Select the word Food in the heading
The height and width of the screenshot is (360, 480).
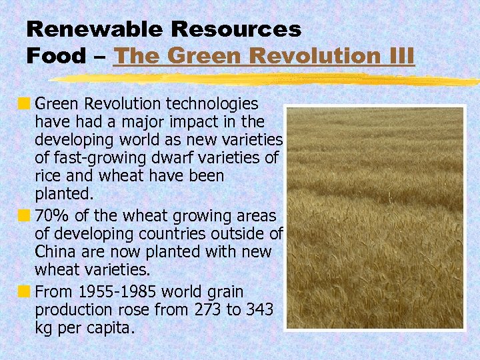56,55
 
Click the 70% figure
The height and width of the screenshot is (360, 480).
51,215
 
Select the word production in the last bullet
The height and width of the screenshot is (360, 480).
71,310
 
